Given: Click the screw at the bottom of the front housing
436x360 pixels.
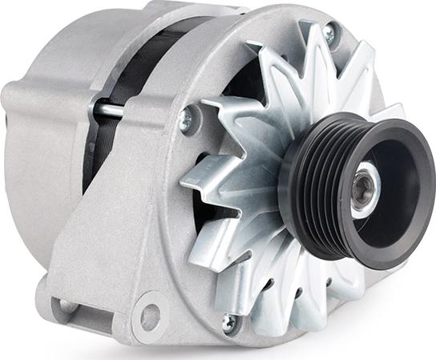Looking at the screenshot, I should [x=230, y=322].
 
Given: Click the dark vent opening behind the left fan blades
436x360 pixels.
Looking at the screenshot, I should [x=240, y=80].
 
